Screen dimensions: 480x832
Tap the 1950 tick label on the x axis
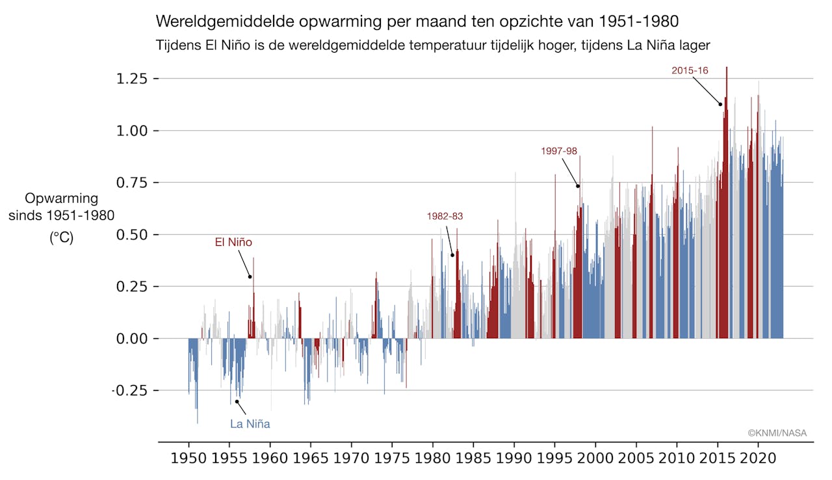189,459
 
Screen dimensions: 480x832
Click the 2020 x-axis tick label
759,459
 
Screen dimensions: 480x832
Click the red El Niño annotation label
233,243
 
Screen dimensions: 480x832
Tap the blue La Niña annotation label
250,424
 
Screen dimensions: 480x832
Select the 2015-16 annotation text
690,70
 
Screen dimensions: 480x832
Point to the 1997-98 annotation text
559,151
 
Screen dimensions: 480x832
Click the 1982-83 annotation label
445,217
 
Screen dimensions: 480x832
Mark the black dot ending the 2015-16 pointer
720,104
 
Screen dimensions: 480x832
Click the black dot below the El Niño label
250,277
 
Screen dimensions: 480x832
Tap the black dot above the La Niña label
237,401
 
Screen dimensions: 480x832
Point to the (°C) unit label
62,238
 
